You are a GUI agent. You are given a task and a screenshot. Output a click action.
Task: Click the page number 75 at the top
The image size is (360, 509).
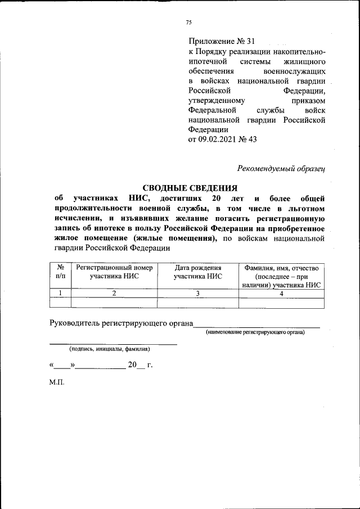pyautogui.click(x=189, y=22)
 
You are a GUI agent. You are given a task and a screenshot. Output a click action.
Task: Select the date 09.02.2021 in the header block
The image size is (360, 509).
pyautogui.click(x=219, y=140)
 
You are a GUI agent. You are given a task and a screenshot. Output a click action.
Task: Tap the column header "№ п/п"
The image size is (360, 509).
pyautogui.click(x=60, y=272)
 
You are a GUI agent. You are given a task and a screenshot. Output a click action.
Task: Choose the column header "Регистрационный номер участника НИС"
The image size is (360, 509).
pyautogui.click(x=114, y=272)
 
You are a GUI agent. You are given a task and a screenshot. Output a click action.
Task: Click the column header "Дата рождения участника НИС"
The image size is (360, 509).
pyautogui.click(x=198, y=272)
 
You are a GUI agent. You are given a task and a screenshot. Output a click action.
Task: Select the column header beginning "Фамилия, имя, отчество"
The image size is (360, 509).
pyautogui.click(x=281, y=276)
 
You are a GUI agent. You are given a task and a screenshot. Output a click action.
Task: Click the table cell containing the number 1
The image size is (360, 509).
pyautogui.click(x=60, y=292)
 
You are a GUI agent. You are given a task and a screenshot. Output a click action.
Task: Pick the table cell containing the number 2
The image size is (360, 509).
pyautogui.click(x=114, y=292)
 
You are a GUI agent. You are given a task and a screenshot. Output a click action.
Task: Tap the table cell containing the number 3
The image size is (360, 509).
pyautogui.click(x=198, y=292)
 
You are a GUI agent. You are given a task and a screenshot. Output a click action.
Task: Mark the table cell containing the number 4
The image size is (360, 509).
pyautogui.click(x=281, y=292)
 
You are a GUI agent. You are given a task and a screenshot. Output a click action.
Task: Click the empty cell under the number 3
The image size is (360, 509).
pyautogui.click(x=198, y=303)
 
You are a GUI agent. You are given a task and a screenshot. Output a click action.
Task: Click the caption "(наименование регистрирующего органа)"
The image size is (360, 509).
pyautogui.click(x=254, y=333)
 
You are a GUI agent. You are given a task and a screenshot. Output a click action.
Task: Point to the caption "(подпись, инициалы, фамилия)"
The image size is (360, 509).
pyautogui.click(x=109, y=349)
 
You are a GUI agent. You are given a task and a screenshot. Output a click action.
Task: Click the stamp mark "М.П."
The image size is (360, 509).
pyautogui.click(x=57, y=382)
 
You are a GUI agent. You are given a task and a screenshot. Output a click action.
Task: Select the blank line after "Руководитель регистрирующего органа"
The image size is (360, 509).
pyautogui.click(x=256, y=323)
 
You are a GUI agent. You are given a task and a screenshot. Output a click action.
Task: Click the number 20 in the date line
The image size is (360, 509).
pyautogui.click(x=133, y=365)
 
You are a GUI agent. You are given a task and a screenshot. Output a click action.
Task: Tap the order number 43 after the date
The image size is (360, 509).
pyautogui.click(x=251, y=140)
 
